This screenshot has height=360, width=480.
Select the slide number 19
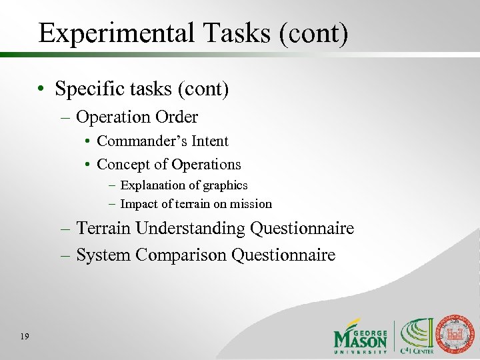click(x=24, y=337)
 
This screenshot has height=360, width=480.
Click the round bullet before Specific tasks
click(x=41, y=89)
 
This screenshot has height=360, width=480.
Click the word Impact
click(x=139, y=204)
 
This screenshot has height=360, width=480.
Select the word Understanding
click(x=190, y=229)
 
